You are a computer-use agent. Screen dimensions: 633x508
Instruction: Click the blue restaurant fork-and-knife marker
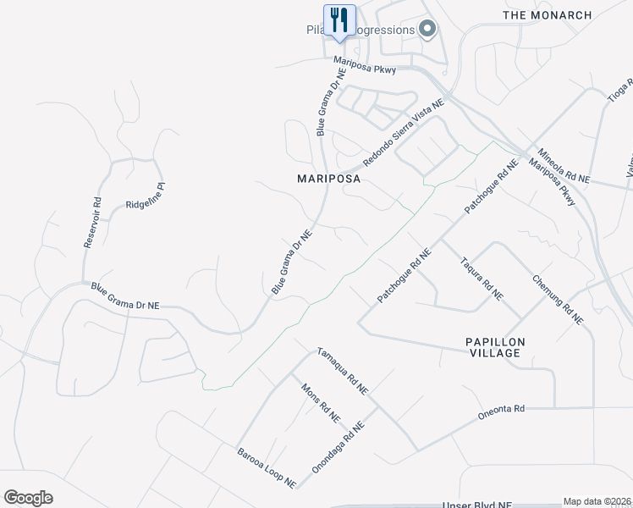339,19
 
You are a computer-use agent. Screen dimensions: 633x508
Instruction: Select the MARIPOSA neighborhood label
329,179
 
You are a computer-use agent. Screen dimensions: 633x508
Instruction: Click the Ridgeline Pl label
144,196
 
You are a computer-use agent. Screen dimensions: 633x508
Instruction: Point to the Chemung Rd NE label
558,300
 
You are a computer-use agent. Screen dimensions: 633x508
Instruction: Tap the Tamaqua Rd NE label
342,371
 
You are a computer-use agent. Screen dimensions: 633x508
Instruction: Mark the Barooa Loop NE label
266,467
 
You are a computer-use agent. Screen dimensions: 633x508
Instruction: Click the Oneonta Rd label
501,409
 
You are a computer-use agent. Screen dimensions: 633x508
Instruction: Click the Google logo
28,498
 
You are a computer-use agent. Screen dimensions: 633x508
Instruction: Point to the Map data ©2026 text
597,501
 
